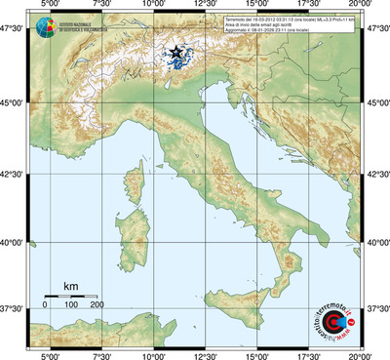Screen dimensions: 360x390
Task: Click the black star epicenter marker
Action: pos(175,52)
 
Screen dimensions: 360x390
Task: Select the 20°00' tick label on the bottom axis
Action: pos(362,354)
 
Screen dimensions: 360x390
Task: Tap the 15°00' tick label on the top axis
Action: pos(257,6)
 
